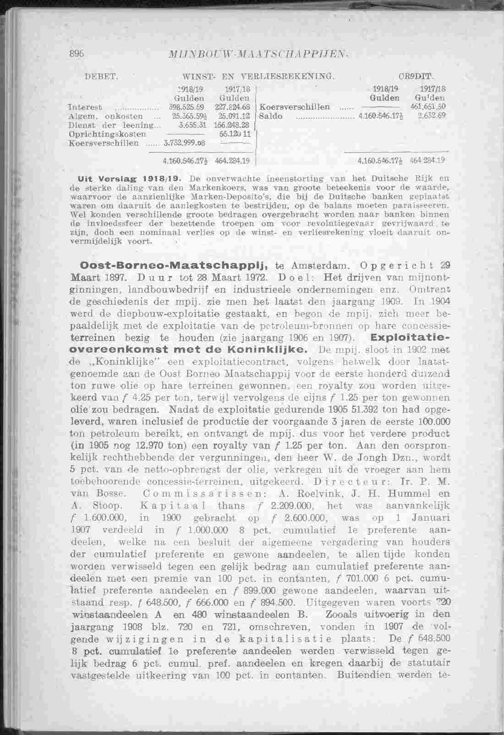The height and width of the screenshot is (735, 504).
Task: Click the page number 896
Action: (x=76, y=53)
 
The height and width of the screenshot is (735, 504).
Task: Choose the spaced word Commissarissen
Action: (x=203, y=494)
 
